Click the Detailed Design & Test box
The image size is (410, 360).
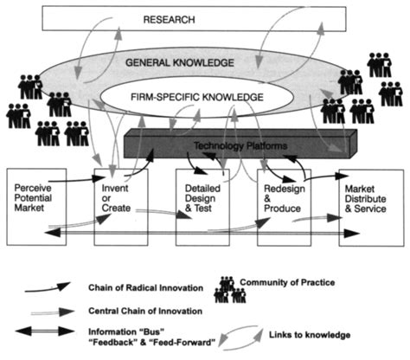coord(204,207)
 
